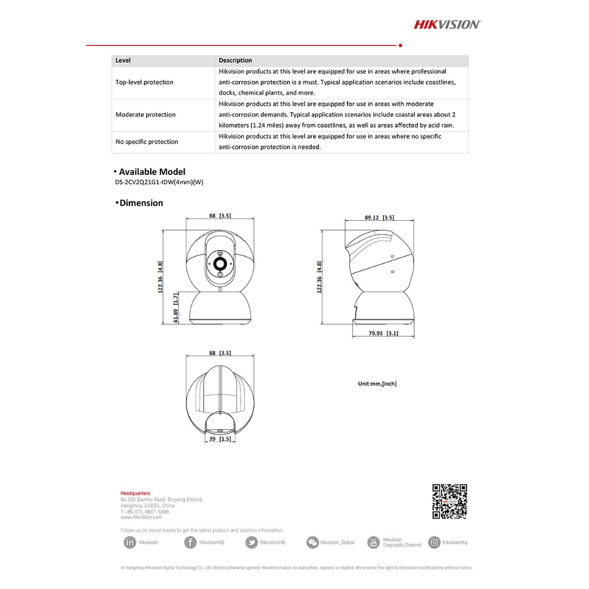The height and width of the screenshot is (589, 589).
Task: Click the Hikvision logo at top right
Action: tap(448, 24)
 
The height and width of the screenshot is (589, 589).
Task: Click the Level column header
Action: tap(123, 60)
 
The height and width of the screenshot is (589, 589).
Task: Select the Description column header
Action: tap(235, 60)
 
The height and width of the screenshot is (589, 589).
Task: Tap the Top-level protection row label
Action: tap(144, 82)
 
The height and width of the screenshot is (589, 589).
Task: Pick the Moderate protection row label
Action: tap(146, 115)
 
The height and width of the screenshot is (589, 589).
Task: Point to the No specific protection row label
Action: tap(147, 142)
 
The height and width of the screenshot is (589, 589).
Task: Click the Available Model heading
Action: tap(152, 172)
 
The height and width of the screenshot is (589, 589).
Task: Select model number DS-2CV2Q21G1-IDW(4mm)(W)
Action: tap(159, 182)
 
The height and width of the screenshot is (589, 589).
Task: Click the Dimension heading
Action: tap(141, 203)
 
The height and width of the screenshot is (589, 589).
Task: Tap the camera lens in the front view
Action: tap(220, 263)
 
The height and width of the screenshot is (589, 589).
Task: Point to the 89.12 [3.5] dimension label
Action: tap(378, 217)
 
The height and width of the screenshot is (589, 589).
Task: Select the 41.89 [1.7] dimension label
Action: tap(176, 308)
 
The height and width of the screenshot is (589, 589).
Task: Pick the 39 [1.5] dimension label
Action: tap(219, 439)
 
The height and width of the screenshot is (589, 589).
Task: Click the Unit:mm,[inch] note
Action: tap(377, 384)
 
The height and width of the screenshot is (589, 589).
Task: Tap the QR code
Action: tap(449, 502)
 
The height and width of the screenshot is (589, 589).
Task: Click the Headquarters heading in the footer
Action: tap(135, 494)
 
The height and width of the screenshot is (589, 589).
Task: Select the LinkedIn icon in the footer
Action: tap(129, 542)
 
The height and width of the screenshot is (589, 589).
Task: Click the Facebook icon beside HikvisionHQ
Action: tap(190, 542)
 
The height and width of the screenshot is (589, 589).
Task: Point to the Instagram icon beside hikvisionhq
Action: tap(434, 542)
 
